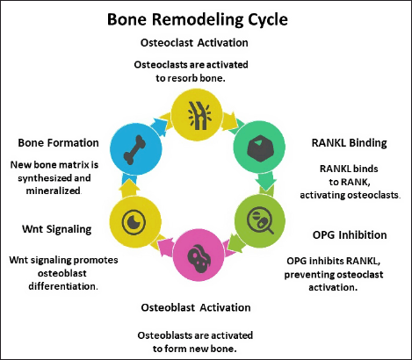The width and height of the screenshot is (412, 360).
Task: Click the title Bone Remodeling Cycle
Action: click(198, 20)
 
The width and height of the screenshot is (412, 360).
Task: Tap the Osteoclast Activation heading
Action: click(194, 43)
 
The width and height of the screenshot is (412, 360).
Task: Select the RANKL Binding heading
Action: click(349, 143)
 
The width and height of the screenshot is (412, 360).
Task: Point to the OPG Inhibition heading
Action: click(350, 234)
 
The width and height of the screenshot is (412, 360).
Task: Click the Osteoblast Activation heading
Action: click(196, 307)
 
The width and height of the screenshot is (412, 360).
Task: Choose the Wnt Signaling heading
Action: click(57, 229)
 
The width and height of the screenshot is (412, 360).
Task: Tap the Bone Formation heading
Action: click(58, 143)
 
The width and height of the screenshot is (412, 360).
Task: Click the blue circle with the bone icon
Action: click(136, 149)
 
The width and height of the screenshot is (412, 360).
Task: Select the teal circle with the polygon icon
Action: click(259, 147)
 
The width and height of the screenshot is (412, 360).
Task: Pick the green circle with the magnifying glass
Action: click(260, 221)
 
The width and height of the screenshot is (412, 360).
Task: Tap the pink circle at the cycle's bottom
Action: click(199, 255)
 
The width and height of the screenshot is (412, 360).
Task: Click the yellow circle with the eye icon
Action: click(135, 221)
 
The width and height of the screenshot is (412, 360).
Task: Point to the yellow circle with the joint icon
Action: click(197, 114)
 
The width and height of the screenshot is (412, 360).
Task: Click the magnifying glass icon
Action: click(260, 221)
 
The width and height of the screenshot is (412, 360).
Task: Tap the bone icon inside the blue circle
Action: click(134, 150)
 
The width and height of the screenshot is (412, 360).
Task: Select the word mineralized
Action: click(54, 191)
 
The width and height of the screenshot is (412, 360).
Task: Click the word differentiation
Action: click(63, 286)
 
